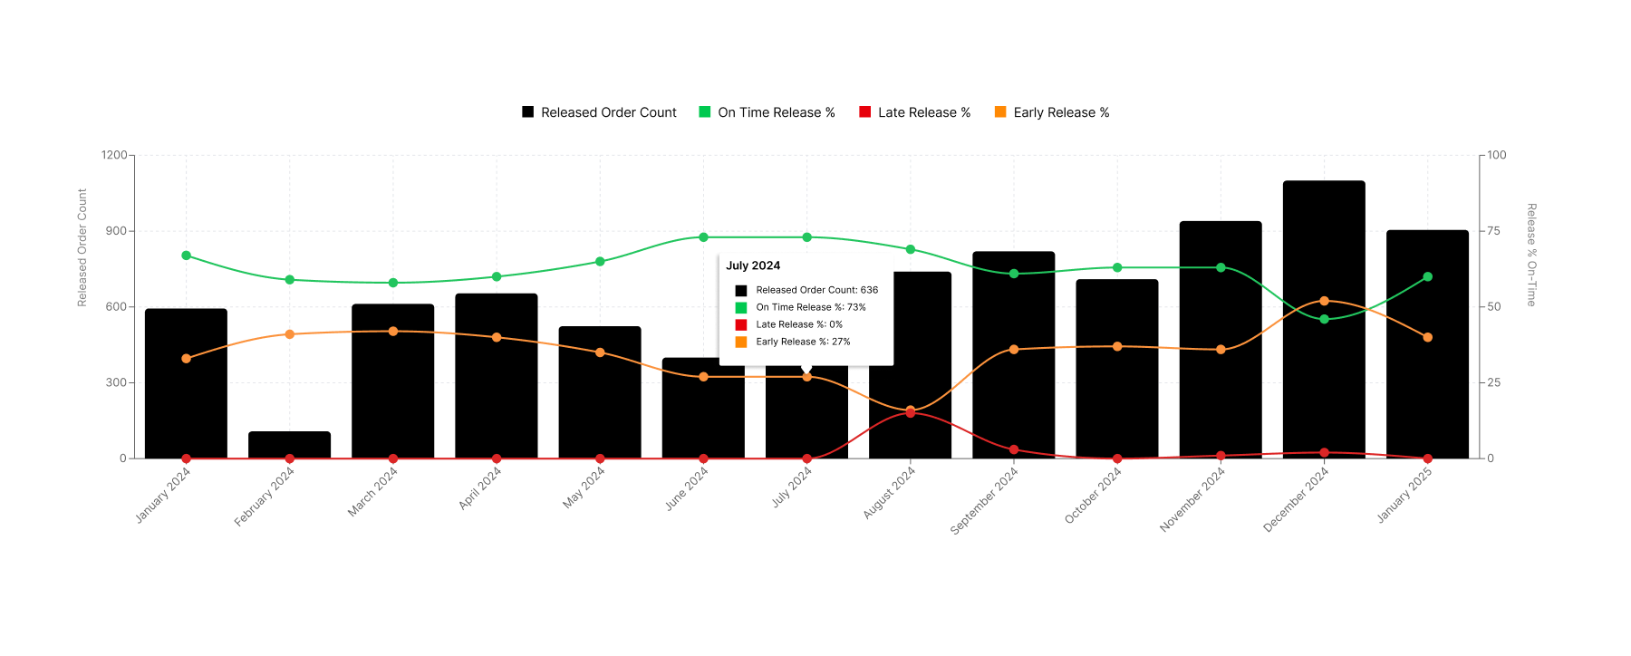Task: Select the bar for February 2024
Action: pyautogui.click(x=289, y=445)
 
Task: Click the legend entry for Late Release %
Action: pyautogui.click(x=914, y=112)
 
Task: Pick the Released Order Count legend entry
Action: pyautogui.click(x=599, y=112)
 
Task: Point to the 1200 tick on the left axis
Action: pyautogui.click(x=114, y=155)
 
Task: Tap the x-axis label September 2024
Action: pyautogui.click(x=984, y=500)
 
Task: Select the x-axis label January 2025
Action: pyautogui.click(x=1404, y=495)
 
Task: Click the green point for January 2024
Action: pyautogui.click(x=186, y=256)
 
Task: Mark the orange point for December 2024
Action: pyautogui.click(x=1324, y=301)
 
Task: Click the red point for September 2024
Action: pyautogui.click(x=1014, y=449)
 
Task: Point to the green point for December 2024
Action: pyautogui.click(x=1324, y=319)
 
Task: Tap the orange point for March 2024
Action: pyautogui.click(x=392, y=332)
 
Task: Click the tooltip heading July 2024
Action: pyautogui.click(x=753, y=265)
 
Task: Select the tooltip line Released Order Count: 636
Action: pyautogui.click(x=816, y=290)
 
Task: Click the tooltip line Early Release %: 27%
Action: pyautogui.click(x=803, y=342)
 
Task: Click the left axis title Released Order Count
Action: pyautogui.click(x=82, y=247)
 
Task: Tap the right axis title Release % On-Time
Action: pyautogui.click(x=1531, y=255)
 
